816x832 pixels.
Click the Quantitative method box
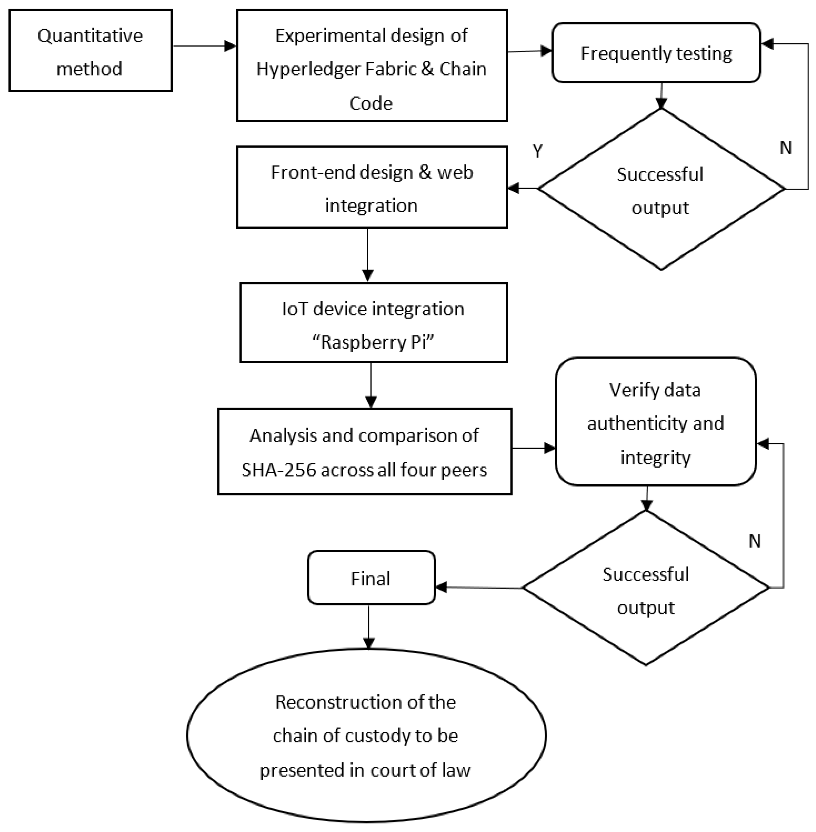90,51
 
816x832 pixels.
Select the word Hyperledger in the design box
307,69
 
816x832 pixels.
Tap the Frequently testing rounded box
656,53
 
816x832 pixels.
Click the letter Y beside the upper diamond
538,151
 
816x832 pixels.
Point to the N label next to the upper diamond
785,148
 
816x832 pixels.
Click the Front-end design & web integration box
371,188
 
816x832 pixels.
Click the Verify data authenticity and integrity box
655,422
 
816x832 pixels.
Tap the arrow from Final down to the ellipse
369,626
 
